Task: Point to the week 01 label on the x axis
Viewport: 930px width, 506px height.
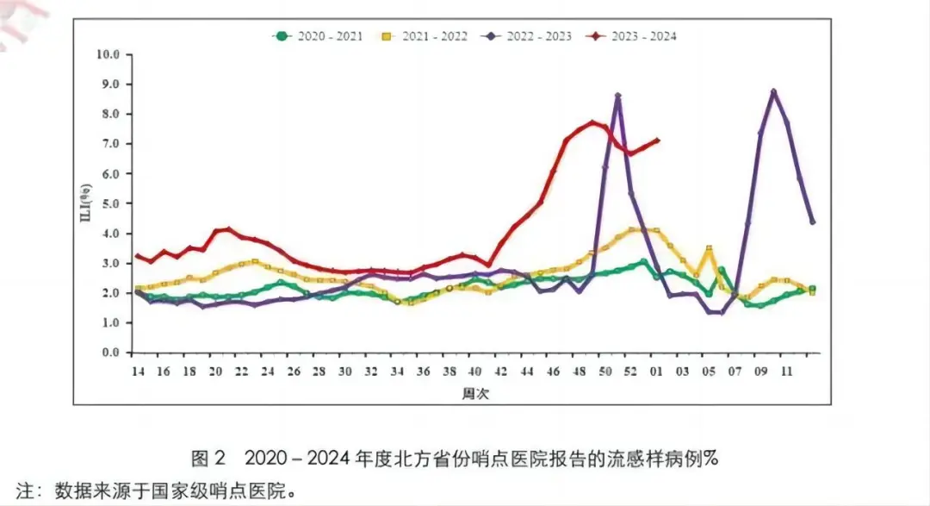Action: click(657, 371)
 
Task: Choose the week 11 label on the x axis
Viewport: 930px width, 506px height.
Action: click(786, 371)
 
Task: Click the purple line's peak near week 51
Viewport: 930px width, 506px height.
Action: click(618, 96)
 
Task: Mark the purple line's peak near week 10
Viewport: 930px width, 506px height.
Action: click(774, 91)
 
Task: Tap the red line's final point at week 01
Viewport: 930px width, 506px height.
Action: click(658, 140)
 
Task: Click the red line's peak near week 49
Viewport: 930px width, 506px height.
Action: click(592, 122)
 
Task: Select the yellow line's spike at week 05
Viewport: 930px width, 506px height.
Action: click(709, 248)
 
